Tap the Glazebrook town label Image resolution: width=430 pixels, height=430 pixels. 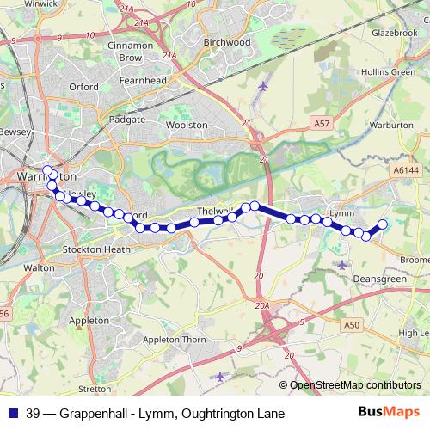click(x=394, y=32)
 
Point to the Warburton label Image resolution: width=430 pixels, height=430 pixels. click(x=395, y=126)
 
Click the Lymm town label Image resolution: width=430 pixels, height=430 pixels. click(x=342, y=212)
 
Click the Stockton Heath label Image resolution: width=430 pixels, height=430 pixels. click(x=96, y=249)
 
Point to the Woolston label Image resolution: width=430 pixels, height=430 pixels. click(x=187, y=125)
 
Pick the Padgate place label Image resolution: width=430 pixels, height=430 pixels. click(x=127, y=120)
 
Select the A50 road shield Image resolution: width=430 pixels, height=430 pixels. click(x=351, y=325)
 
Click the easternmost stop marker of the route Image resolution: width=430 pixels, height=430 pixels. click(x=383, y=225)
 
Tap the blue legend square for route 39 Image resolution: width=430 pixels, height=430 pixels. click(x=13, y=414)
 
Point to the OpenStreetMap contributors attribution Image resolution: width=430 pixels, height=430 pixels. click(x=355, y=385)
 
